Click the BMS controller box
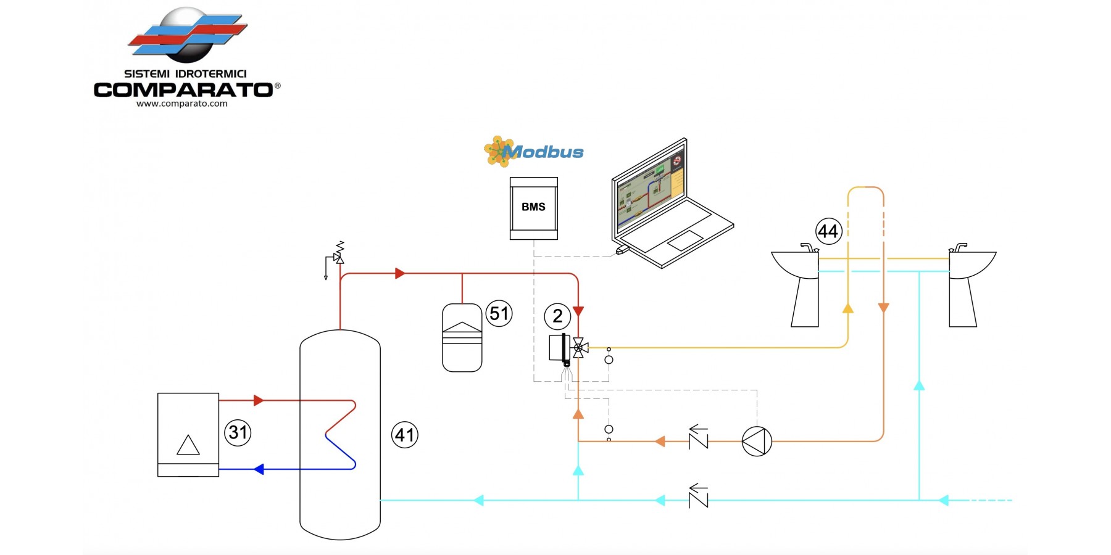tap(533, 208)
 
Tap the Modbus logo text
tap(543, 152)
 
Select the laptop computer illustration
tap(670, 203)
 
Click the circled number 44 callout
tap(828, 231)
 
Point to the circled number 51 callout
tap(499, 313)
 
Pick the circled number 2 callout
tap(557, 316)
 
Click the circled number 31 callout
tap(238, 432)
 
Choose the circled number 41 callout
tap(405, 435)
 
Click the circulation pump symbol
tap(757, 442)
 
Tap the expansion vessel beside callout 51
tap(462, 338)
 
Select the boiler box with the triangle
tap(188, 435)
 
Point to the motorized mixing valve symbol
tap(578, 348)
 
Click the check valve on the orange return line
tap(699, 439)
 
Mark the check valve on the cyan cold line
tap(699, 497)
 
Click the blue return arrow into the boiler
tap(259, 469)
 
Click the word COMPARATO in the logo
tap(183, 90)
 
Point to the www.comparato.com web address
tap(182, 104)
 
